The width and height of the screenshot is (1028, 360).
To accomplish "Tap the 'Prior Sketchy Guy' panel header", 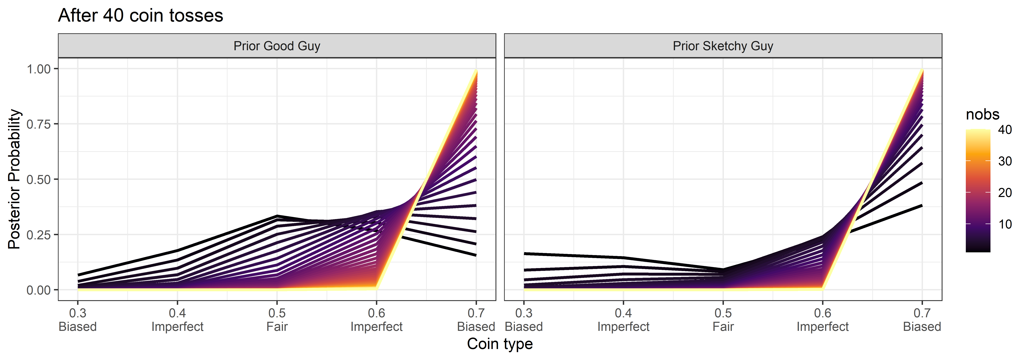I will point(723,46).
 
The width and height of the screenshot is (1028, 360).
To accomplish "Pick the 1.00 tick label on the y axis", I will point(39,69).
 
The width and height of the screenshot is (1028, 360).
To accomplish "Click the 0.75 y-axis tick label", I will point(39,124).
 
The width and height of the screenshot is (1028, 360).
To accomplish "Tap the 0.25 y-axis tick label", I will point(39,235).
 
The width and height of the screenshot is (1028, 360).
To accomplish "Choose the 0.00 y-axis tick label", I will point(39,290).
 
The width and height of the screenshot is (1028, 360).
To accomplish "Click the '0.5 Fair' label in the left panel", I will point(277,320).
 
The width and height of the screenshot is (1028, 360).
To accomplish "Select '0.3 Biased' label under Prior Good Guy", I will point(78,320).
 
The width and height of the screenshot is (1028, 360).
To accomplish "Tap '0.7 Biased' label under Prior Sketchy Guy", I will point(922,320).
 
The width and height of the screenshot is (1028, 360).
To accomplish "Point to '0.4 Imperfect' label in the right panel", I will point(623,320).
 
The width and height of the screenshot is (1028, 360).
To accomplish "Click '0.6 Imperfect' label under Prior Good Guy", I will point(376,320).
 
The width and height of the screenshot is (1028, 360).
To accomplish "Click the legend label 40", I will point(1005,130).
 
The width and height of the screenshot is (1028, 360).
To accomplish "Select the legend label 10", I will point(1005,224).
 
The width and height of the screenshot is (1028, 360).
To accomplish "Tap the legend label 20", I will point(1005,193).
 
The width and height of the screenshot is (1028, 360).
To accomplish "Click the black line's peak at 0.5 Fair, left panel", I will point(277,216).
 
